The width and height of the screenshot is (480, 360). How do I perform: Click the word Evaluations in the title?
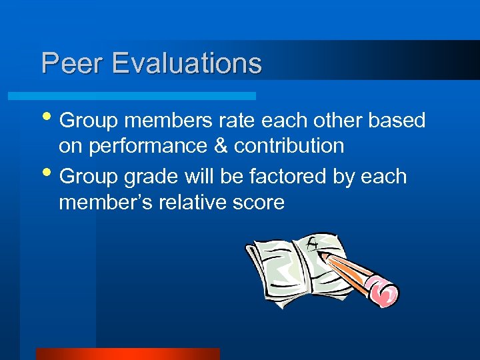tap(187, 63)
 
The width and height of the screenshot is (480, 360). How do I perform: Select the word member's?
tap(106, 202)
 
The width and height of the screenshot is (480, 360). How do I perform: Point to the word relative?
tap(193, 202)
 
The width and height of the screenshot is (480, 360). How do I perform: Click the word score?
tap(258, 203)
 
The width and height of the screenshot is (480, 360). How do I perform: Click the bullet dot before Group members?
tap(50, 120)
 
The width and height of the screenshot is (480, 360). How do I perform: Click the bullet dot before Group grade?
tap(50, 176)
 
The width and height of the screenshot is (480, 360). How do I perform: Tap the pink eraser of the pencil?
tap(383, 291)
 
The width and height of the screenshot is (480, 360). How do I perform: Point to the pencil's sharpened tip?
tap(321, 253)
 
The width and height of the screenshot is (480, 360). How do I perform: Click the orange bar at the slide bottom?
tap(127, 354)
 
